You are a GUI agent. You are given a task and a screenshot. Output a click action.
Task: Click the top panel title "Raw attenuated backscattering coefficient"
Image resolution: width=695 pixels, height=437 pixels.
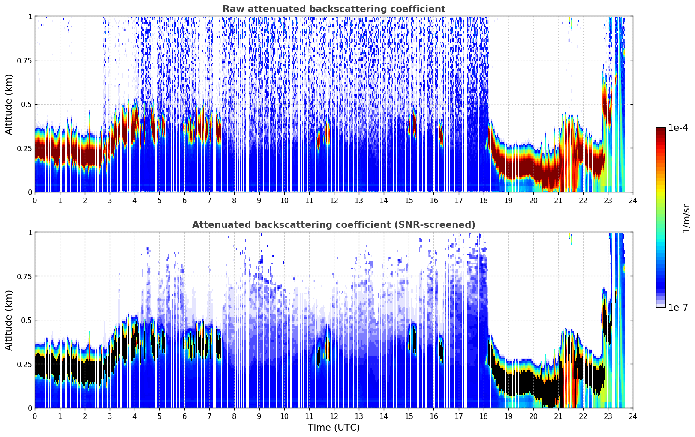point(334,9)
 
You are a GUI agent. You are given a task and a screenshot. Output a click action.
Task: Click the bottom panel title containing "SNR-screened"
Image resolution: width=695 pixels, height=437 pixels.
point(334,225)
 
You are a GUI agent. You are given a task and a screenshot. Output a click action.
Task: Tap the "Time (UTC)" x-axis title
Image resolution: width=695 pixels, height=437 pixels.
point(334,428)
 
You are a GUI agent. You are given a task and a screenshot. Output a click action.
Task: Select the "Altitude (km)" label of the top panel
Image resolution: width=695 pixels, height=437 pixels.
point(9,104)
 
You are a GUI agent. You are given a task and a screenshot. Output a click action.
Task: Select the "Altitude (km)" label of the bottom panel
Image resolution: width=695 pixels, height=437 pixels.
point(9,320)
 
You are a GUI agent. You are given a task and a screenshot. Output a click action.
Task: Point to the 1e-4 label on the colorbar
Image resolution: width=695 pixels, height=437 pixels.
point(678,128)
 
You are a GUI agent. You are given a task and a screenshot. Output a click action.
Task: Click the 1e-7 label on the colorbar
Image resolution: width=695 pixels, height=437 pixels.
point(678,307)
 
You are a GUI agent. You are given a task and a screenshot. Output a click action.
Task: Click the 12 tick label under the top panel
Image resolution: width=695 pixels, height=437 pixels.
point(334,200)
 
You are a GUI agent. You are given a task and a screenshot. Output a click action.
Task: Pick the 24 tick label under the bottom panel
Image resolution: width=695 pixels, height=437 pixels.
point(632,416)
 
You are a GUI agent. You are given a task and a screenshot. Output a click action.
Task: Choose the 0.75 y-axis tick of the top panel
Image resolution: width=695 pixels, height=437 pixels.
point(24,60)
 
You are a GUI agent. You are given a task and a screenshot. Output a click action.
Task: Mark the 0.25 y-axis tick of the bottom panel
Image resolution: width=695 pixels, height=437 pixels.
point(24,364)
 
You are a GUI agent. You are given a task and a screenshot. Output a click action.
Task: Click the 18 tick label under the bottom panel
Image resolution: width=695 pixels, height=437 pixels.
point(483,416)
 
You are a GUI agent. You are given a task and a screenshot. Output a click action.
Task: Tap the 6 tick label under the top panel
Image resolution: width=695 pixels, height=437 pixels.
point(184,200)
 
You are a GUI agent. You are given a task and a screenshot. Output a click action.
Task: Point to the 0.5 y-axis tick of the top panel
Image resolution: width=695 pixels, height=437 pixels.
point(27,104)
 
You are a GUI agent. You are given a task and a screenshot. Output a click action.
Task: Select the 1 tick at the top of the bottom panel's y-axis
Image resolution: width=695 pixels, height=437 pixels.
point(30,233)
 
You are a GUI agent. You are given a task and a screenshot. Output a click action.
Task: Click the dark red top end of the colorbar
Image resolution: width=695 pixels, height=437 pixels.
point(660,130)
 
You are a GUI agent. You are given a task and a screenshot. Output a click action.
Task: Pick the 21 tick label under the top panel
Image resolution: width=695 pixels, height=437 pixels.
point(558,200)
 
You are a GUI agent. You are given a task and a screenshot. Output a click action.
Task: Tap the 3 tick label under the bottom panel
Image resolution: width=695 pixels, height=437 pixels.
point(110,416)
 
